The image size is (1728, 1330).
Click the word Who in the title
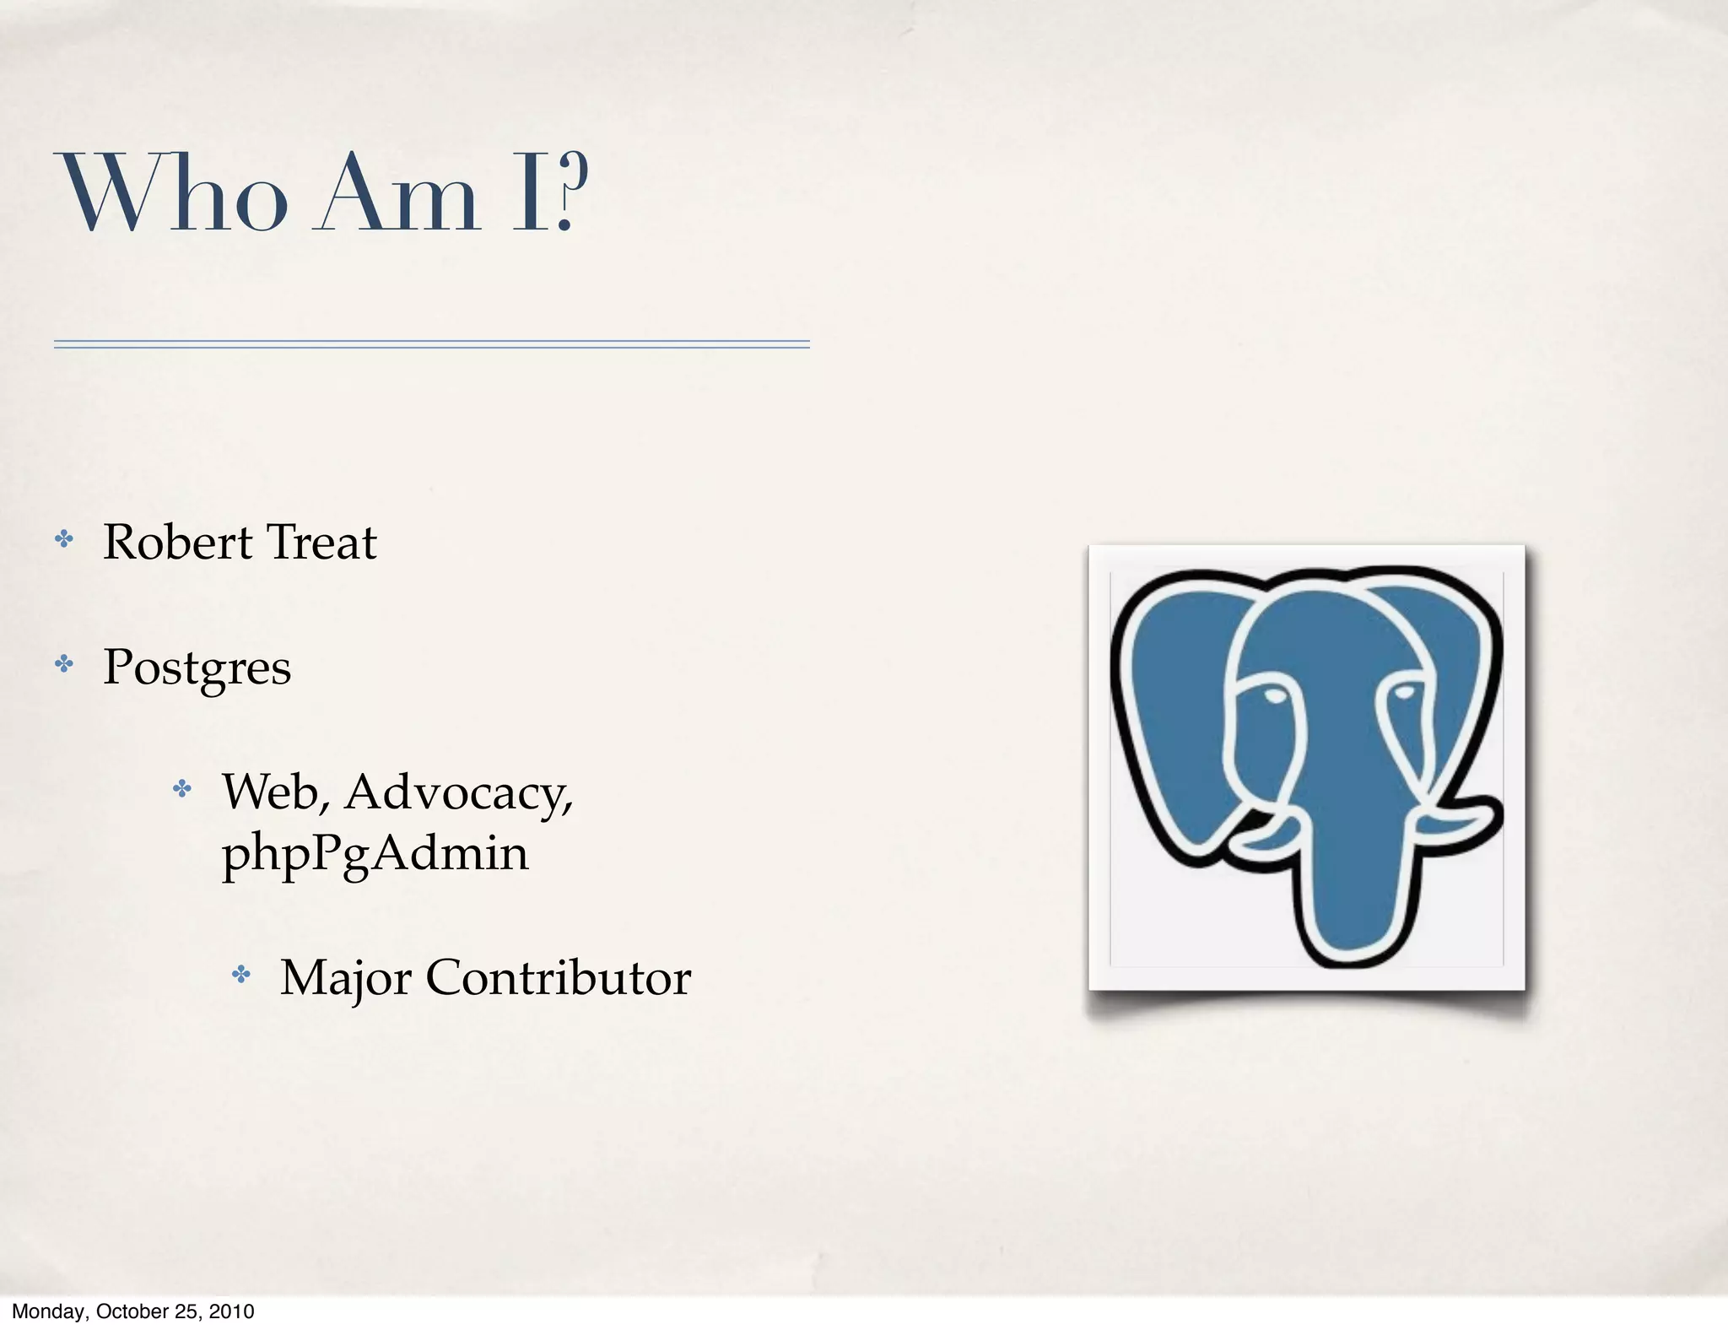coord(174,193)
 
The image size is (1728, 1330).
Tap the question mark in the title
coord(570,193)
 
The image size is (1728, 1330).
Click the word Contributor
coord(558,978)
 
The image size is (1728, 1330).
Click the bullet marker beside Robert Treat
coord(64,539)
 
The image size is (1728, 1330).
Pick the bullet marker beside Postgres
coord(64,664)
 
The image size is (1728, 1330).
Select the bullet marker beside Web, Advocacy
coord(182,789)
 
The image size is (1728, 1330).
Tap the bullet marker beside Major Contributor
coord(242,976)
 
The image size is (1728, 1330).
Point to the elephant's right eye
coord(1403,693)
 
